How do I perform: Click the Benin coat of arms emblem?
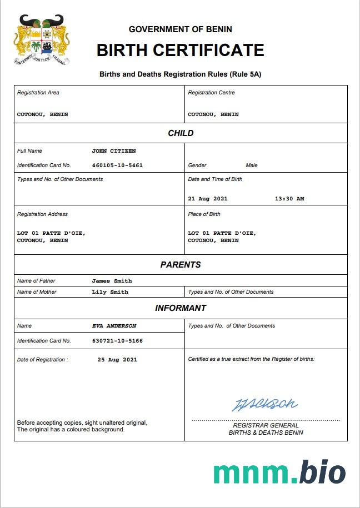pyautogui.click(x=42, y=40)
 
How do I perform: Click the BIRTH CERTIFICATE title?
pyautogui.click(x=180, y=50)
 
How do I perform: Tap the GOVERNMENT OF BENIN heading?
pyautogui.click(x=180, y=29)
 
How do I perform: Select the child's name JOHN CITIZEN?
pyautogui.click(x=114, y=151)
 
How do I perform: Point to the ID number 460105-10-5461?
pyautogui.click(x=117, y=165)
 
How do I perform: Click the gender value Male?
pyautogui.click(x=252, y=165)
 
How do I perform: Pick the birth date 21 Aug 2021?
pyautogui.click(x=208, y=199)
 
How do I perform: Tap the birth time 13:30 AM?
pyautogui.click(x=289, y=199)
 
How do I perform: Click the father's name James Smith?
pyautogui.click(x=112, y=281)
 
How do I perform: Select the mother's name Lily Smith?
pyautogui.click(x=110, y=292)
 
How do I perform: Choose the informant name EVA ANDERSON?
pyautogui.click(x=114, y=326)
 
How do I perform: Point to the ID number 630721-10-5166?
pyautogui.click(x=117, y=340)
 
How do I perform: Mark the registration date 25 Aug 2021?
pyautogui.click(x=117, y=360)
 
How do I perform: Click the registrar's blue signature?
pyautogui.click(x=264, y=404)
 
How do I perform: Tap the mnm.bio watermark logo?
pyautogui.click(x=279, y=472)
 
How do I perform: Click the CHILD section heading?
pyautogui.click(x=181, y=133)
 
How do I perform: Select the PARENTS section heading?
pyautogui.click(x=181, y=265)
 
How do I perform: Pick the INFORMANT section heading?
pyautogui.click(x=181, y=308)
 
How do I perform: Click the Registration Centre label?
pyautogui.click(x=211, y=93)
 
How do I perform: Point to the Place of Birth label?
pyautogui.click(x=204, y=214)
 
